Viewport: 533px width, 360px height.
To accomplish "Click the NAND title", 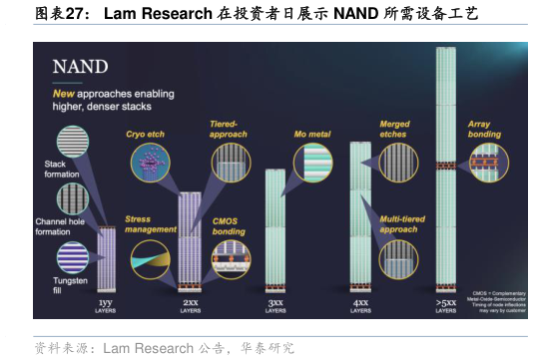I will click(80, 69).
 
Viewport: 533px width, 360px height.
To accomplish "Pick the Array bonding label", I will click(484, 129).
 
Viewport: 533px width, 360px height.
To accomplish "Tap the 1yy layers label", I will click(106, 304).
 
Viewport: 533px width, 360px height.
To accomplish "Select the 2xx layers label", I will click(190, 304).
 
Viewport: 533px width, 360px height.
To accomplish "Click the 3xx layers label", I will click(274, 304).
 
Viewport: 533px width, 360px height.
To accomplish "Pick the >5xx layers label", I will click(446, 304).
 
